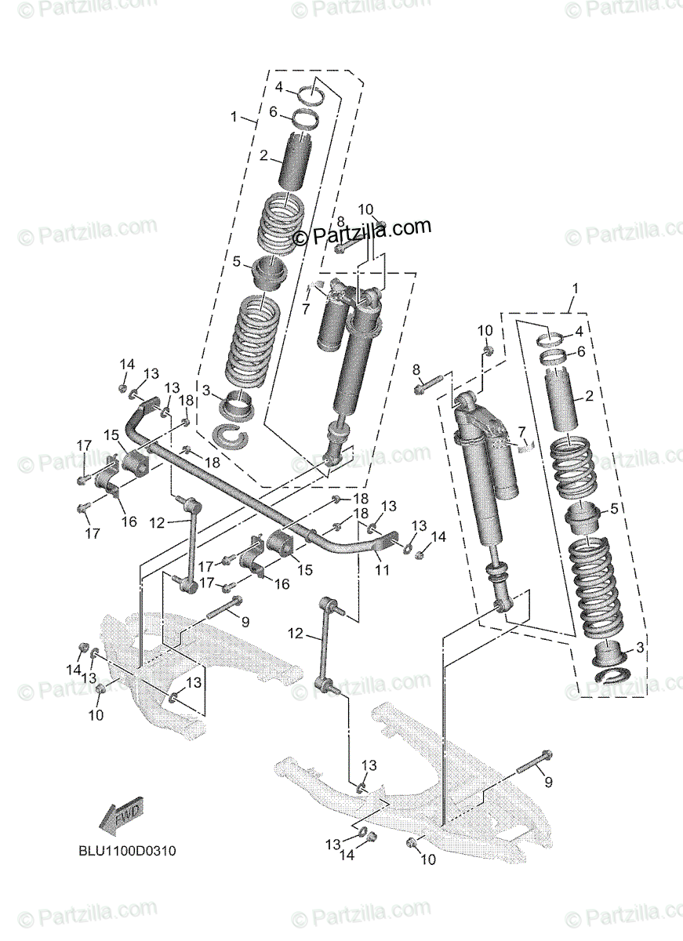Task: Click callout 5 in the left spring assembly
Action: (x=236, y=261)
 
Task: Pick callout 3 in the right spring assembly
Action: (x=640, y=648)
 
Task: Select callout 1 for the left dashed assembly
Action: (x=234, y=116)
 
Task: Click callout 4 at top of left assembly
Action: (x=278, y=86)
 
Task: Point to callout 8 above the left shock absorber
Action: (x=340, y=221)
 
